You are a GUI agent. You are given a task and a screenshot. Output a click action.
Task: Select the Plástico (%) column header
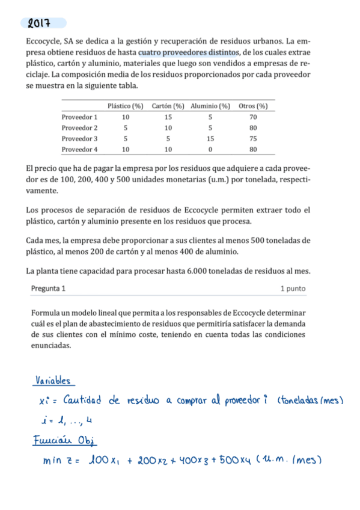tap(125, 106)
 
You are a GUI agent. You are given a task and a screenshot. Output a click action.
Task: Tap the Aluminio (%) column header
tap(210, 106)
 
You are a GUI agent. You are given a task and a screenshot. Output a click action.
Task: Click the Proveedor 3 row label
tap(79, 138)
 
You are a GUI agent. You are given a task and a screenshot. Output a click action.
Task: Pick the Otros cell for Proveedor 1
tap(252, 117)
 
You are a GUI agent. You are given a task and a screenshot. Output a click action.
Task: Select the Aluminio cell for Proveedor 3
tap(210, 138)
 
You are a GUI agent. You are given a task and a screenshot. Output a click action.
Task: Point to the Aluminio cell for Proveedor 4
tap(210, 149)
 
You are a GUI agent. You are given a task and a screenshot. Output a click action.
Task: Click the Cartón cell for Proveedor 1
tap(168, 117)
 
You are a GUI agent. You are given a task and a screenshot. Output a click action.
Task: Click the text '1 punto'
tap(293, 289)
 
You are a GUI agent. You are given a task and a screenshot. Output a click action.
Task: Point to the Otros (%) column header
tap(252, 106)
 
